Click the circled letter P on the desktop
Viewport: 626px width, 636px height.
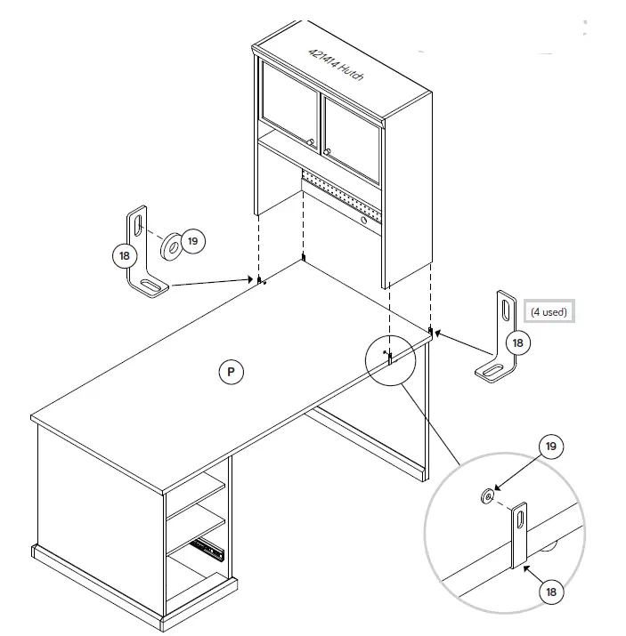tap(230, 372)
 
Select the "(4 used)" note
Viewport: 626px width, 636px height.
tap(548, 311)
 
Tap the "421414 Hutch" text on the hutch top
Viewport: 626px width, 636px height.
tap(330, 67)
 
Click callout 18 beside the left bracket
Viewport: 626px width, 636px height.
tap(125, 255)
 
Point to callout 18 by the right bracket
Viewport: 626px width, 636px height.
tap(516, 342)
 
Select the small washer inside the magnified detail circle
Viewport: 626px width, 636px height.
tap(486, 495)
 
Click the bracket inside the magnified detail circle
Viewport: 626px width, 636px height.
tap(519, 534)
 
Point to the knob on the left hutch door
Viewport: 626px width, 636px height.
tap(310, 143)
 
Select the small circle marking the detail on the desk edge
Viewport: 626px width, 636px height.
tap(390, 360)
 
